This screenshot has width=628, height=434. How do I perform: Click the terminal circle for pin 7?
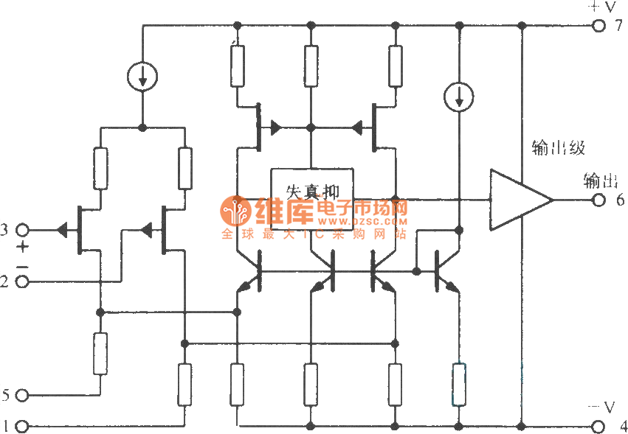(x=598, y=26)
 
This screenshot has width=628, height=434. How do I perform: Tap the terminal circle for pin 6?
(x=598, y=200)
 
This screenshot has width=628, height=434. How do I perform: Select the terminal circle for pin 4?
(x=598, y=426)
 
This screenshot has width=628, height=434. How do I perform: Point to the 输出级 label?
(x=558, y=148)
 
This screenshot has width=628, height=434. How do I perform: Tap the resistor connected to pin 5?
(x=100, y=353)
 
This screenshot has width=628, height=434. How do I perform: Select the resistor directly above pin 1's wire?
(x=184, y=384)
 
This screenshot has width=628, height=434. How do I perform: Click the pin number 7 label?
(x=621, y=27)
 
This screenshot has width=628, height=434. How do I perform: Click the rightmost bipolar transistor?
(x=443, y=272)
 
